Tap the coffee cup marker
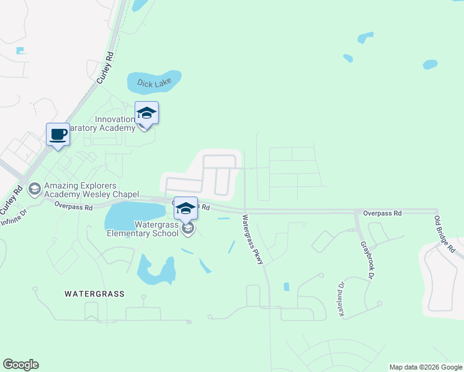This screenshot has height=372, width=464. point(58,135)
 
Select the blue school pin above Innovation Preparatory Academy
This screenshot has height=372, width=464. point(146,113)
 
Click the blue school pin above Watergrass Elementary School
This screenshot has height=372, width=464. point(185,208)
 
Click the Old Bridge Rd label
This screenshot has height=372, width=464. point(445,233)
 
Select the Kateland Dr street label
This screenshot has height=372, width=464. point(341,300)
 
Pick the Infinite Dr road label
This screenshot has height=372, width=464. point(14,218)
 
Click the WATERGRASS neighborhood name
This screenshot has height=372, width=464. point(95,294)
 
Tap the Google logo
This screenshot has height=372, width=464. point(20,365)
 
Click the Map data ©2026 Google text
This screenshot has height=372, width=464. point(425,367)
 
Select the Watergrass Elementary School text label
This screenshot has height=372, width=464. point(143,229)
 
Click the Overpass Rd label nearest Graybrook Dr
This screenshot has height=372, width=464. point(382,213)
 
